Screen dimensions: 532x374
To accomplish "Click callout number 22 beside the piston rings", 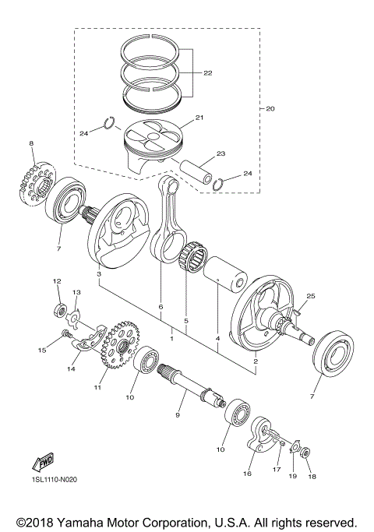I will [x=206, y=74].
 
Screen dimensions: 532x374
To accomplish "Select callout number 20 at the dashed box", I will [x=270, y=109].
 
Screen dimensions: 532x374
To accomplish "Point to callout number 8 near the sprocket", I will [x=31, y=143].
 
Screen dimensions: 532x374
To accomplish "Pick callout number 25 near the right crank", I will [x=310, y=297].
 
